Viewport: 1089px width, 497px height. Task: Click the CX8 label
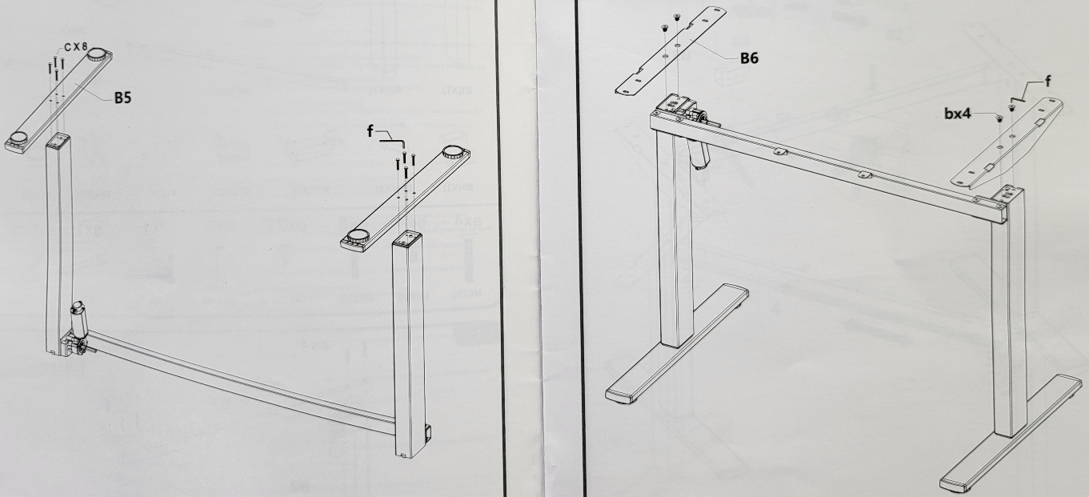coord(75,47)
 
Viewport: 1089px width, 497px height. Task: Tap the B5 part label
coord(123,98)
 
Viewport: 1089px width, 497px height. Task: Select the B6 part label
coord(749,58)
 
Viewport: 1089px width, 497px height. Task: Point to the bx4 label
coord(957,114)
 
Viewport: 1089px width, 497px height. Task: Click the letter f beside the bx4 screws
coord(1047,81)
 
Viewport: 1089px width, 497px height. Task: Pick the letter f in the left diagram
coord(370,130)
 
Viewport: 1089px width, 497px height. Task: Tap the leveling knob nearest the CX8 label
coord(98,54)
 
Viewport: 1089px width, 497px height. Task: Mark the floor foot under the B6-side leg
coord(677,343)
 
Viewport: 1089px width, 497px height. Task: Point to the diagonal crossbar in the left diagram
coord(243,379)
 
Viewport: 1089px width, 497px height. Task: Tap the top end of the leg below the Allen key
coord(407,238)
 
